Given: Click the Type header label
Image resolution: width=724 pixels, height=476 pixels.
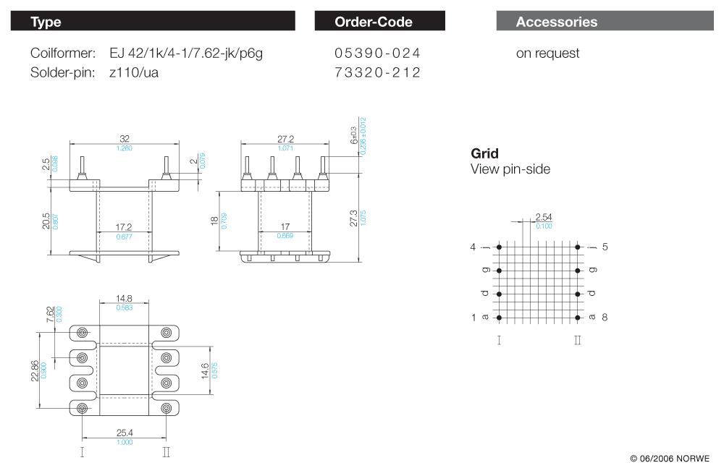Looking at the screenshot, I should (x=46, y=22).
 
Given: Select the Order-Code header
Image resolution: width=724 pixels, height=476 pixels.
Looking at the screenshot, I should (x=374, y=22).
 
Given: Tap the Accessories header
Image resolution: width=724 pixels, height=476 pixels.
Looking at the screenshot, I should (x=557, y=22).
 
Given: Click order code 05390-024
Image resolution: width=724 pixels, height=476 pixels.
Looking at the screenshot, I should (x=377, y=53).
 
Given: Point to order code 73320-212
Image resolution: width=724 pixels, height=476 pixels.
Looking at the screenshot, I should (x=377, y=72).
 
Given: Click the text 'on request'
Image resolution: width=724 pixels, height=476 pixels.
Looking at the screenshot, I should (x=547, y=53).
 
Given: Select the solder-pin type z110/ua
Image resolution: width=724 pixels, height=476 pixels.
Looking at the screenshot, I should (x=134, y=72).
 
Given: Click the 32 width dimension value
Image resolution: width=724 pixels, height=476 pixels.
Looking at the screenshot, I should (x=124, y=138).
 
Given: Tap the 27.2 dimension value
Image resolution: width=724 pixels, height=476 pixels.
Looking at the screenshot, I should (x=286, y=138).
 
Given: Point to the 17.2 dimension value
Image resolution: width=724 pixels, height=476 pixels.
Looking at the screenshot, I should (x=124, y=226).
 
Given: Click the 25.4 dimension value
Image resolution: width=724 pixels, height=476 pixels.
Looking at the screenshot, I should (x=124, y=433).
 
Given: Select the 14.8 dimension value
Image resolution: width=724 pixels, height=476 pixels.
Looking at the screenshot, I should (x=124, y=299).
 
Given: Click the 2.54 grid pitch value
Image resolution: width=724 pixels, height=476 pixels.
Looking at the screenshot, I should (x=544, y=217).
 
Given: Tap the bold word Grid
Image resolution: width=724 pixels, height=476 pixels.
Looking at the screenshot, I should (x=484, y=153).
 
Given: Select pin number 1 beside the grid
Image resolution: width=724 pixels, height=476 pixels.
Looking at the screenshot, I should (x=474, y=318).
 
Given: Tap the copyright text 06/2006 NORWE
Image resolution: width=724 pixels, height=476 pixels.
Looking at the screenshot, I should (x=670, y=459).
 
